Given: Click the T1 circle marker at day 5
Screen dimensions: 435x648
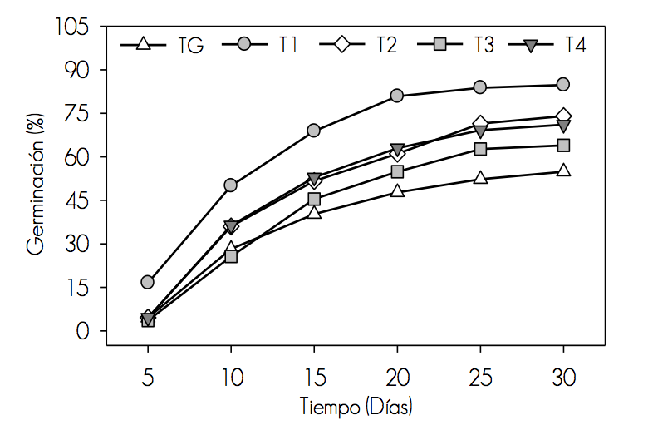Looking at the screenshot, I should tap(148, 282).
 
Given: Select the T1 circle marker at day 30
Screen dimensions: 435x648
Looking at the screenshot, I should tap(563, 84).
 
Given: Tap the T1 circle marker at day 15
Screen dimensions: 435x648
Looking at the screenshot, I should tap(314, 131).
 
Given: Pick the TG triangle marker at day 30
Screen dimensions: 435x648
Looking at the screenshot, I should tap(563, 171).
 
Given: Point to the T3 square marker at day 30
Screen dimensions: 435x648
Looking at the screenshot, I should tap(563, 146).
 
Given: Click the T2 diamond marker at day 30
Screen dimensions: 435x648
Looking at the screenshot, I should tap(563, 116).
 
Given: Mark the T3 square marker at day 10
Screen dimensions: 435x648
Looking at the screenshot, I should tap(231, 256).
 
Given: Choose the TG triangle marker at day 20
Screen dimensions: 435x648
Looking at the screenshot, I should tap(397, 190).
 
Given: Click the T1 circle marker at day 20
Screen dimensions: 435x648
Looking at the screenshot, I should tap(397, 96).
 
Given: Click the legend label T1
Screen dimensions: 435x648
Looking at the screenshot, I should tap(288, 45).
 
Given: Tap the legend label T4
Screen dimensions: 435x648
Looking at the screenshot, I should tap(576, 45).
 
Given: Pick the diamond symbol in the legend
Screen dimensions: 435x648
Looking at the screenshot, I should tap(340, 44).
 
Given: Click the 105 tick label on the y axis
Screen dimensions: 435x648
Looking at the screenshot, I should tap(71, 27).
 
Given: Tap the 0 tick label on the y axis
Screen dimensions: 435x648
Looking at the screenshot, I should tap(83, 331).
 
